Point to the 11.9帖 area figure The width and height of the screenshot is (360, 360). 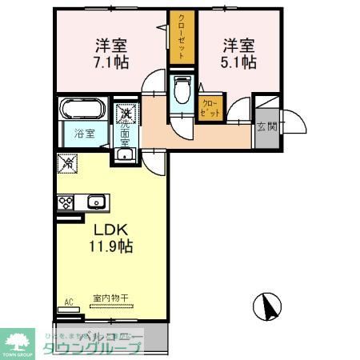tap(110, 246)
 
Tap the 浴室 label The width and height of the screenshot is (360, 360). tap(85, 134)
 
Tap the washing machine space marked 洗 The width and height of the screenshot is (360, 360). tap(127, 114)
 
